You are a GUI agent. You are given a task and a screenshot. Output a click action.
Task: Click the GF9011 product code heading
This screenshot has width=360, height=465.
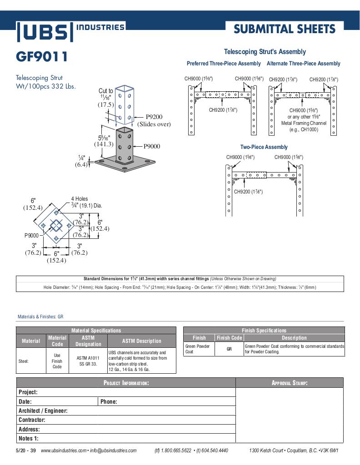(42, 57)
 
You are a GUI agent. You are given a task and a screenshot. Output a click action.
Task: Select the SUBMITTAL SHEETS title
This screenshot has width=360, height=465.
(285, 29)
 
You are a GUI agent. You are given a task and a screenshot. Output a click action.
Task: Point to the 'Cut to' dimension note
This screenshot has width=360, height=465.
(106, 91)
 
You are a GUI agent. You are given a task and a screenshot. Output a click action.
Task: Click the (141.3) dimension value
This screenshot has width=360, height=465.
(104, 144)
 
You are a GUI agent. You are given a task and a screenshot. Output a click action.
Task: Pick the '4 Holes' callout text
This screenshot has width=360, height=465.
(80, 199)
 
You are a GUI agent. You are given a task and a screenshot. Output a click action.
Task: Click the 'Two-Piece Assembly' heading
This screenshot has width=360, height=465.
(264, 147)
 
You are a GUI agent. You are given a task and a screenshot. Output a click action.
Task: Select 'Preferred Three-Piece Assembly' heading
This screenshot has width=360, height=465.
(224, 64)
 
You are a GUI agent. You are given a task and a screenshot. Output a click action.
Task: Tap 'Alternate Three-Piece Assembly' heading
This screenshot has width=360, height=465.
(303, 64)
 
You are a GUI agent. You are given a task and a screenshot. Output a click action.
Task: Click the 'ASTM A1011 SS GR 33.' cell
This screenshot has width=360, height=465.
(88, 361)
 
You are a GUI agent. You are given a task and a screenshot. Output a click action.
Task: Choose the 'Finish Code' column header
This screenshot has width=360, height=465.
(230, 338)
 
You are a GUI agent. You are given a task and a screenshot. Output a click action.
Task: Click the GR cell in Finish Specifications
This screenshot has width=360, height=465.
(230, 349)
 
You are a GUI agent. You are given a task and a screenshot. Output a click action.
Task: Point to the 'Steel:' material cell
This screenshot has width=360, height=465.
(24, 361)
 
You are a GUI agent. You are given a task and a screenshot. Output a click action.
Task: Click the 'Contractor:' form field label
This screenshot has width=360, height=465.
(32, 420)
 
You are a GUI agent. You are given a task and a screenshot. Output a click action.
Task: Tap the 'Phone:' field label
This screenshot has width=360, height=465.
(109, 401)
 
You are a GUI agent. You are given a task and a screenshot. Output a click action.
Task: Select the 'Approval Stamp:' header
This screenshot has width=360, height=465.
(290, 383)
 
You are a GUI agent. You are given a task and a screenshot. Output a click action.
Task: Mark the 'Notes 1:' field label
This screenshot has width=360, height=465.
(29, 439)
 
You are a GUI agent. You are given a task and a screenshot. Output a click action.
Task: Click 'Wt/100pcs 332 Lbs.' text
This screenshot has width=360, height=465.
(46, 86)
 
